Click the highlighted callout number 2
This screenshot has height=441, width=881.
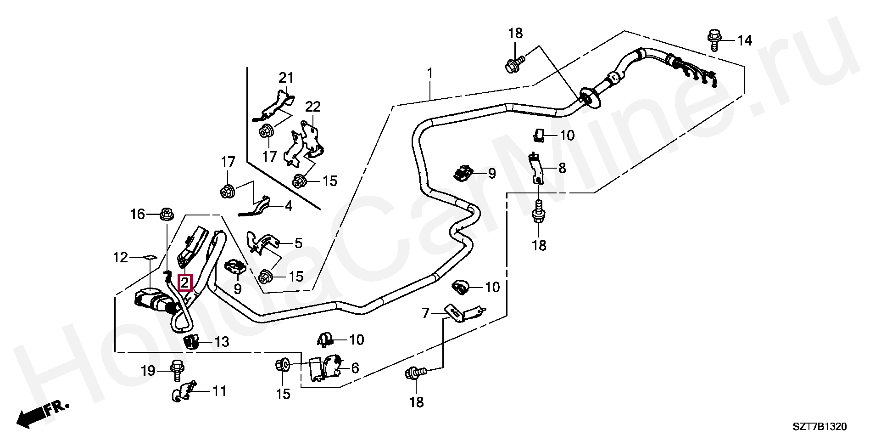tap(184, 283)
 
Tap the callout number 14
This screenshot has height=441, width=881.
tap(744, 41)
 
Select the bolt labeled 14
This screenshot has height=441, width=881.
tap(714, 40)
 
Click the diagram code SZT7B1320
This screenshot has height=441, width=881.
tap(819, 427)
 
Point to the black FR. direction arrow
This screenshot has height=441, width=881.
tap(42, 413)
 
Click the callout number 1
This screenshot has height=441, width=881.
tap(430, 73)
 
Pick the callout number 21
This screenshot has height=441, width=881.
tap(286, 78)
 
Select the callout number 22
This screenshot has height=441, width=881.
tap(313, 107)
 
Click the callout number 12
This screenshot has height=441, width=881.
tap(121, 258)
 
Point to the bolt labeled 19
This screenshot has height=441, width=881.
tap(176, 370)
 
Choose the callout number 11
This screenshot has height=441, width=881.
tap(219, 391)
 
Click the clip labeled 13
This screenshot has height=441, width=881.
tap(192, 342)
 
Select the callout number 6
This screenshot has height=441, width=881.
tap(355, 368)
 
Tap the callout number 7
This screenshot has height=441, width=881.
tap(425, 313)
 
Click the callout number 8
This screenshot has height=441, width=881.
tap(562, 168)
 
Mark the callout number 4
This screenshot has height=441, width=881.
tap(288, 207)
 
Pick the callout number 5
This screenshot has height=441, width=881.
tap(298, 243)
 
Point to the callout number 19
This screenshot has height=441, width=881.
tap(148, 370)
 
